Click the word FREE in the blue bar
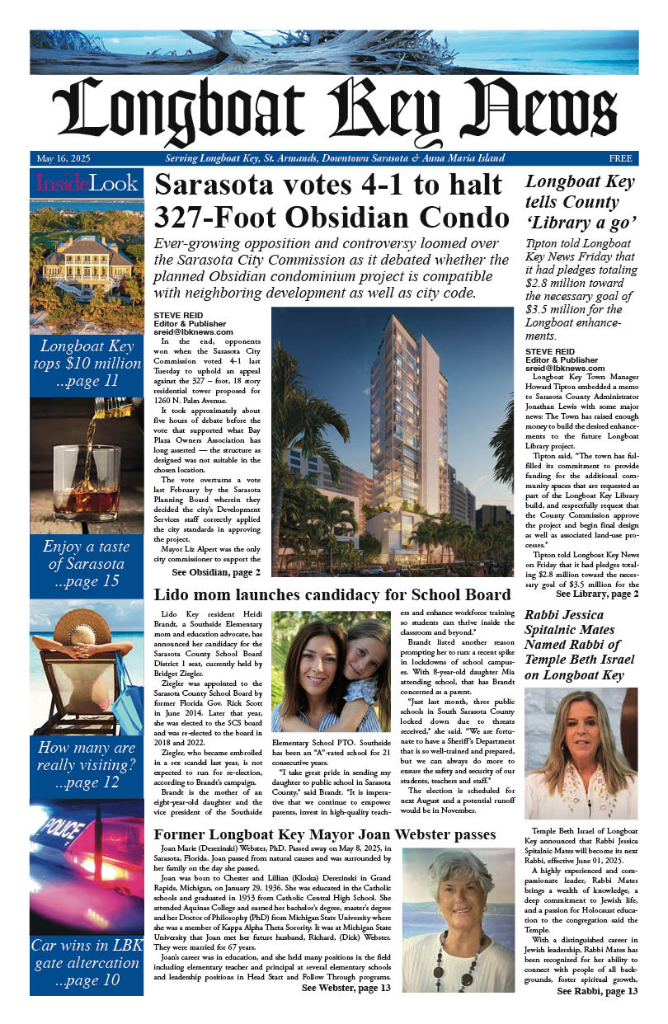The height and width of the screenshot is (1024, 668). [x=620, y=158]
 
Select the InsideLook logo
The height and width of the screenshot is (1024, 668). [x=87, y=183]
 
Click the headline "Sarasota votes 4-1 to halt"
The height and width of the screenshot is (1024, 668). [x=328, y=186]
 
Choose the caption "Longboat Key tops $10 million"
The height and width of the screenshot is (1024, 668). [x=86, y=363]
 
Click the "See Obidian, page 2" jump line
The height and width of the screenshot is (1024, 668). [x=216, y=572]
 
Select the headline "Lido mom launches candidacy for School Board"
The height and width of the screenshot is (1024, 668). [x=332, y=595]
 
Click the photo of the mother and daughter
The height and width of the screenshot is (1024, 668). [x=331, y=672]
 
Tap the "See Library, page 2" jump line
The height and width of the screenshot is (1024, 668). [x=596, y=594]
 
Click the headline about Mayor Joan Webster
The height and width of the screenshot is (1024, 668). [x=325, y=834]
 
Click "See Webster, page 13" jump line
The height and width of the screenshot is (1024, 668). [x=346, y=989]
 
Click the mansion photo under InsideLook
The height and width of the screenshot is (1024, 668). [x=86, y=264]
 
